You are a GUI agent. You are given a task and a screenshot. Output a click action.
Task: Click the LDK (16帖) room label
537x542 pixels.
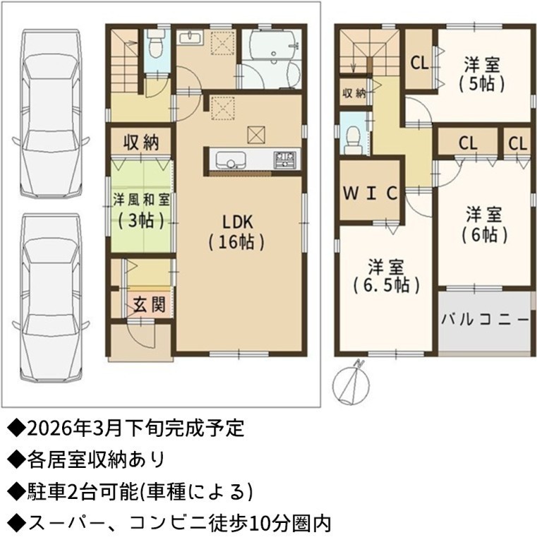coord(237,232)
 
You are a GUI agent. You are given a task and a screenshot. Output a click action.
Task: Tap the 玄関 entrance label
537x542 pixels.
coord(150,304)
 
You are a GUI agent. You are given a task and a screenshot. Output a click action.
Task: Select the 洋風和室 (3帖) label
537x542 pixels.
coord(141,210)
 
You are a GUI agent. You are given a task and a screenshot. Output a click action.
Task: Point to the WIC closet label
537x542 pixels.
coord(370,193)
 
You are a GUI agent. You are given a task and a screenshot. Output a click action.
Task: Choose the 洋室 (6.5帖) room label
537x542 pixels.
coord(386,275)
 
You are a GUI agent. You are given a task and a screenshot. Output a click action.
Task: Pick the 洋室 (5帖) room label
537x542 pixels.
coord(482,74)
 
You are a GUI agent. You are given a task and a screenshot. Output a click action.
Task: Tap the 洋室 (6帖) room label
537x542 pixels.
coord(484,224)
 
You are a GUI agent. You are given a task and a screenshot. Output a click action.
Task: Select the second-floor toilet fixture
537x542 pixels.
coord(353,140)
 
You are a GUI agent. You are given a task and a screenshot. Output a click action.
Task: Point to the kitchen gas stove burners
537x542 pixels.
coord(285,159)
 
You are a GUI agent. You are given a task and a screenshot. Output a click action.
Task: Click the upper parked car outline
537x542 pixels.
coord(50,113)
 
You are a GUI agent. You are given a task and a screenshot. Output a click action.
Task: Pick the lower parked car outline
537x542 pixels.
coord(50,297)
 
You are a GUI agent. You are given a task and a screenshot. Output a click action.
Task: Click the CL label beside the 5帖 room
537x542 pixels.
coord(420,63)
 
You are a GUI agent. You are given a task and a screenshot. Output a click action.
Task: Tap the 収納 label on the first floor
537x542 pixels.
coord(141,143)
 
